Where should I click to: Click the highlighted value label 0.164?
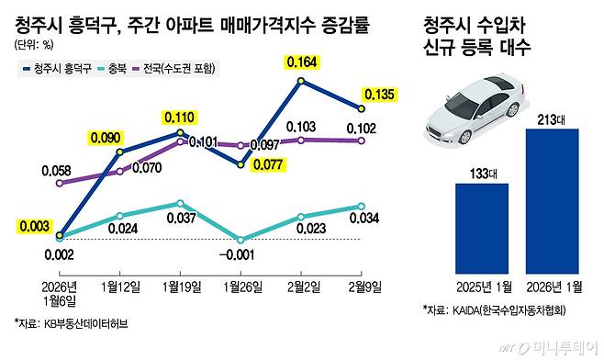[x=302, y=62]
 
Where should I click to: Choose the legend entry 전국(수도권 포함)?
[x=175, y=68]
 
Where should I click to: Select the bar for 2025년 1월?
[x=481, y=223]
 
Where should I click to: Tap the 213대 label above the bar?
[x=552, y=118]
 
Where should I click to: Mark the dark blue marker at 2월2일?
[x=301, y=82]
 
